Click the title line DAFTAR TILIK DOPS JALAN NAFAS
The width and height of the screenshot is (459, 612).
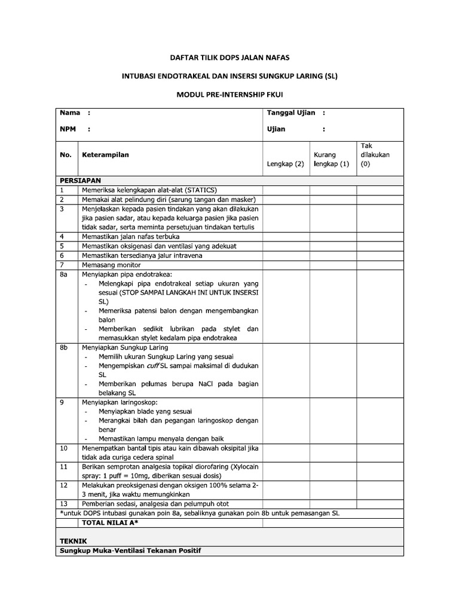(229, 58)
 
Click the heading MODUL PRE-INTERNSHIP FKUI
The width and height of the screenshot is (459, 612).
(229, 95)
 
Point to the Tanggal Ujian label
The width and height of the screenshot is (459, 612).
(290, 112)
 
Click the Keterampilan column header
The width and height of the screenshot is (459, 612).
(106, 155)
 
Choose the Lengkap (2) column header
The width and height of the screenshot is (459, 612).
(285, 164)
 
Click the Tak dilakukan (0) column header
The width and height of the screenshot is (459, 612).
(375, 154)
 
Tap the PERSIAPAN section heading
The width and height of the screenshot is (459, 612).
(80, 180)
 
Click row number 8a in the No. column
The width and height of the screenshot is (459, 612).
(65, 274)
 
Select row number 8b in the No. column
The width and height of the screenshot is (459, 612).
(65, 347)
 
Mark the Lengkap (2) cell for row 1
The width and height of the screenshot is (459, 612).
(286, 189)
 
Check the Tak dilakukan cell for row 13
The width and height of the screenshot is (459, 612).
(380, 503)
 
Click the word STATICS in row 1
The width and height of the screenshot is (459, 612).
(201, 189)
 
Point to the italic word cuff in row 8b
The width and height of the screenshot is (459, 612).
(152, 365)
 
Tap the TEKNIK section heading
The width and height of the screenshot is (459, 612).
(73, 540)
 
